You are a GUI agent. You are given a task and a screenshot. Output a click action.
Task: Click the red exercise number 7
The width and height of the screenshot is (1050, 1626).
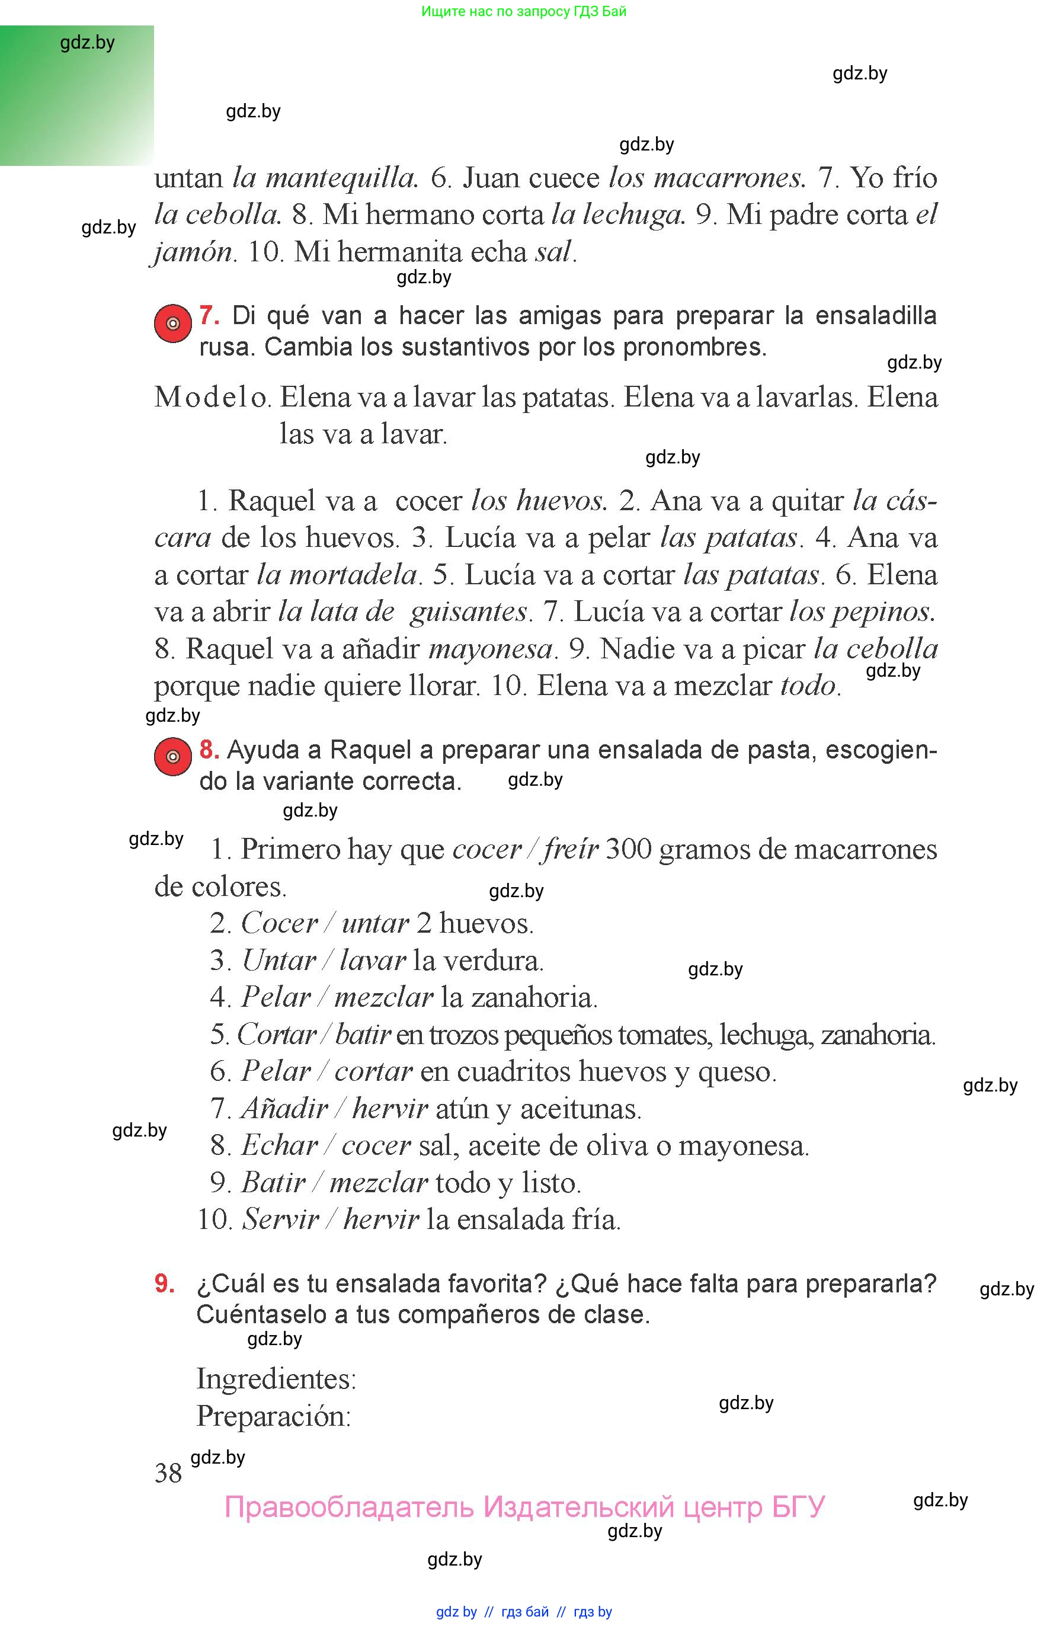(209, 316)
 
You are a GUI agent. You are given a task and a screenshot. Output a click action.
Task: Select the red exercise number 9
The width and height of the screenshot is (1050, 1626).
(164, 1283)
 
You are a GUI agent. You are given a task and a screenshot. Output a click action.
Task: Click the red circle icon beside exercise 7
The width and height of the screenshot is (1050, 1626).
(172, 323)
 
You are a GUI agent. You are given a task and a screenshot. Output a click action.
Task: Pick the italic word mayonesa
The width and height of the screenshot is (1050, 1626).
(490, 648)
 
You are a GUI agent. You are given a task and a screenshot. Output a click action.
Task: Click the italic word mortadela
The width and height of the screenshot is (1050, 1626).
(336, 575)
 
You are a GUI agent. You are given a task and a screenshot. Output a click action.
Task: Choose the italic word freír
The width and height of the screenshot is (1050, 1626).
(570, 850)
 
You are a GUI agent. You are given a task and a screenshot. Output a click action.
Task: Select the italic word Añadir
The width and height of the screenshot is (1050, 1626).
(284, 1109)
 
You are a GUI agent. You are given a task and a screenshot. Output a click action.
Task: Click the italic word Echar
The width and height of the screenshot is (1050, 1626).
(280, 1145)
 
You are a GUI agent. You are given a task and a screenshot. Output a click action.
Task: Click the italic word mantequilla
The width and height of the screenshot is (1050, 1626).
(340, 178)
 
